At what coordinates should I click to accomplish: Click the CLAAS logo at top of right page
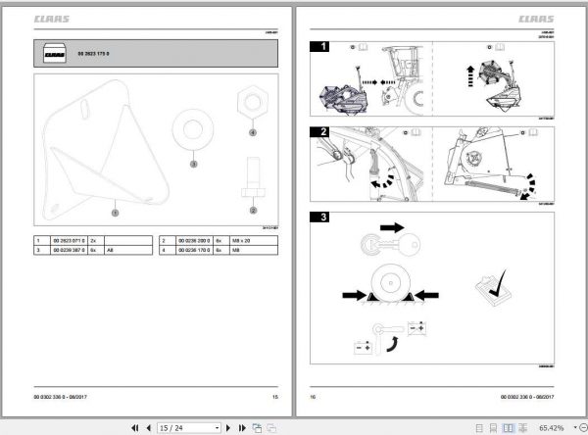535,16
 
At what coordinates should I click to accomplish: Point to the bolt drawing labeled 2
252,180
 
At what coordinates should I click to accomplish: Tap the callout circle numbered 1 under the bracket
114,211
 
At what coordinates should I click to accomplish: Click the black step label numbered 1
318,46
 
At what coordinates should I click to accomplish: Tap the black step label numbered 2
318,131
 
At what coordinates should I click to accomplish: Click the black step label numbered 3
318,218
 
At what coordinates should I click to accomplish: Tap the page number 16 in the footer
314,396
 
